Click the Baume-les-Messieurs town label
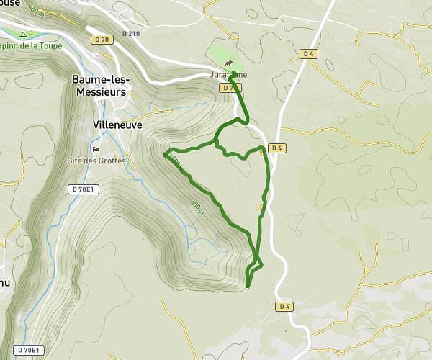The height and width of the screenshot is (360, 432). tap(99, 86)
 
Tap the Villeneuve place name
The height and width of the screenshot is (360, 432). tap(117, 125)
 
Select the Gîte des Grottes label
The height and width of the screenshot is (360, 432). tap(96, 161)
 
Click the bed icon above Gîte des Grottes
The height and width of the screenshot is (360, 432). tap(96, 149)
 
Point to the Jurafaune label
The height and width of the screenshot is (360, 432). tap(229, 74)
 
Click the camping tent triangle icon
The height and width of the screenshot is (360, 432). tap(24, 35)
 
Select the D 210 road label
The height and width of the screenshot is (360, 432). tap(130, 33)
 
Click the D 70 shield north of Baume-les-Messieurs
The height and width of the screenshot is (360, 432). tap(102, 41)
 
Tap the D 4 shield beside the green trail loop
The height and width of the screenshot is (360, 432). tap(276, 148)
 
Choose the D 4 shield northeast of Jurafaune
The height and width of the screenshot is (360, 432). tap(309, 53)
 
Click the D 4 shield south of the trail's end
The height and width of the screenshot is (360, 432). tap(284, 307)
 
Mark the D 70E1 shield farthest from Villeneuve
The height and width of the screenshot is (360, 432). tap(29, 350)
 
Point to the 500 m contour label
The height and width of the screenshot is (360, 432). tap(176, 163)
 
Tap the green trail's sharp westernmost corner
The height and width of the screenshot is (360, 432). tap(166, 153)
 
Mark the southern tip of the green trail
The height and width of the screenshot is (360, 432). tap(248, 287)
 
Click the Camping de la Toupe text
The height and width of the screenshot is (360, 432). tap(31, 45)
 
